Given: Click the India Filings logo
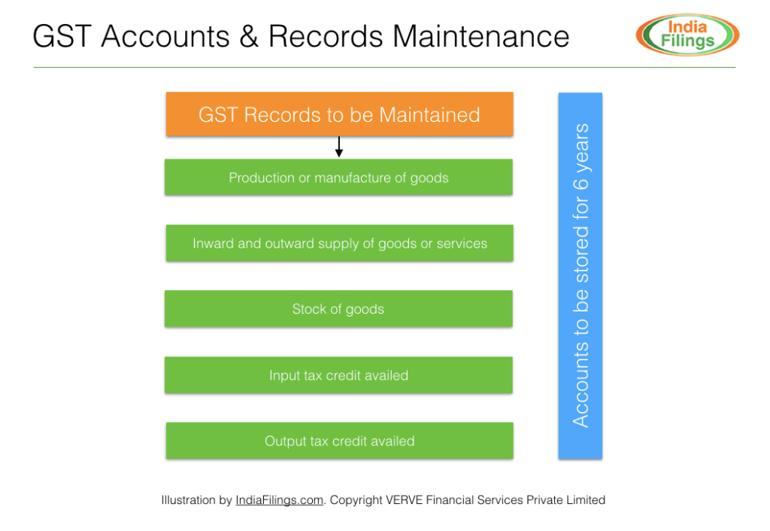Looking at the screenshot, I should click(x=687, y=35).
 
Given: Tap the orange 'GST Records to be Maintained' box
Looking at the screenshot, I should click(x=339, y=114).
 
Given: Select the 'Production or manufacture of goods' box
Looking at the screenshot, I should click(x=338, y=178).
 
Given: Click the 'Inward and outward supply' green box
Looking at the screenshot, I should click(x=339, y=243).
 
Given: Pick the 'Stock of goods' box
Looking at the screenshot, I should click(x=338, y=308).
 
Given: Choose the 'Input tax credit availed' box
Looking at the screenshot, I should click(x=338, y=375).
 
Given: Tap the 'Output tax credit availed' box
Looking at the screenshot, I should click(x=339, y=441).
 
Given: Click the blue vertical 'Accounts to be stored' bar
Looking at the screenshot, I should click(x=580, y=275).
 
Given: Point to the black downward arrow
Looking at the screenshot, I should click(x=339, y=147).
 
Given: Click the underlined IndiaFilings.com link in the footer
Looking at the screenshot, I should click(x=279, y=499).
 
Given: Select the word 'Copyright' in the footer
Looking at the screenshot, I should click(x=356, y=499).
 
